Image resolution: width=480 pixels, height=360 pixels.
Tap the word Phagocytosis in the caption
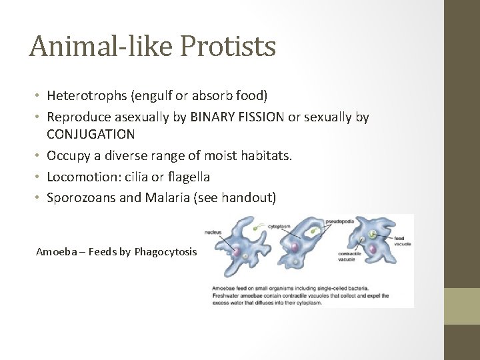[x=166, y=251]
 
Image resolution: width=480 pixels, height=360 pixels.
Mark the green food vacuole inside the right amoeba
[x=367, y=235]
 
